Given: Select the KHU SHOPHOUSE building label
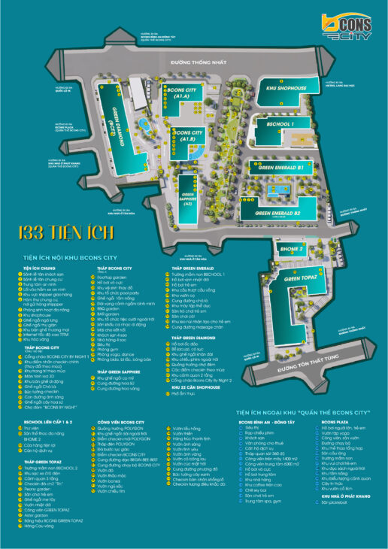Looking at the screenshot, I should [286, 88].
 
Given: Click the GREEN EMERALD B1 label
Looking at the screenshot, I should [286, 167].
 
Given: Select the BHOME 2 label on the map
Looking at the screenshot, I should [291, 248].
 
